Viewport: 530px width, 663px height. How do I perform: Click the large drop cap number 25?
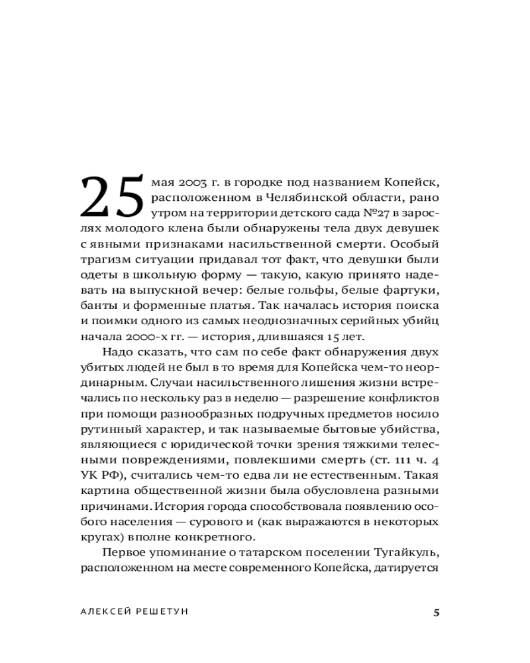click(x=112, y=197)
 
